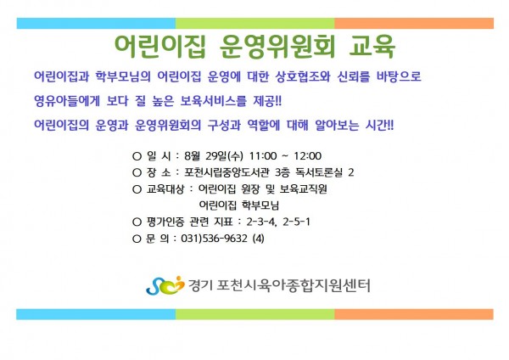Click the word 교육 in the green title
click(372, 46)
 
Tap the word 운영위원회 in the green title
click(277, 46)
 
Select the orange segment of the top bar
click(414, 24)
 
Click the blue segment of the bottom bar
click(96, 314)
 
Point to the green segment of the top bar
click(255, 24)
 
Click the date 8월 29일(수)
click(214, 156)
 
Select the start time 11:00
click(263, 156)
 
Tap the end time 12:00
click(307, 156)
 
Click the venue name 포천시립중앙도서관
click(227, 172)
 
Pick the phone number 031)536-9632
click(214, 239)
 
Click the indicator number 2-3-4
click(261, 222)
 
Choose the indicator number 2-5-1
click(296, 222)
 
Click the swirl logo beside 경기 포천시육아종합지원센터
click(165, 285)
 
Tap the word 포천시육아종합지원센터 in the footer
click(294, 285)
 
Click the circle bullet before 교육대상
click(137, 189)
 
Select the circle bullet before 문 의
click(137, 239)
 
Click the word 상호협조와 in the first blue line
click(303, 76)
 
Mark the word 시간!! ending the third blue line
click(379, 125)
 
